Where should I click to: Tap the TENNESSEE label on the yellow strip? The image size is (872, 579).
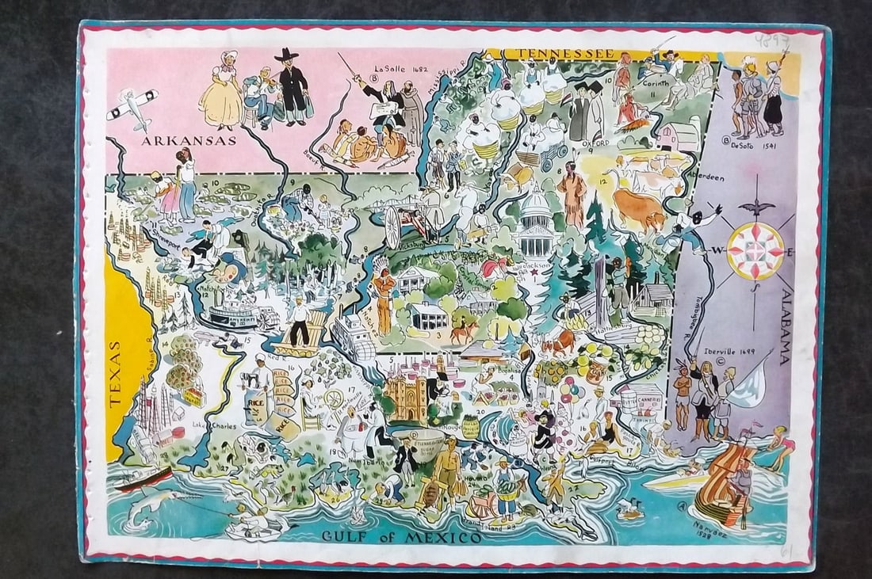pos(564,53)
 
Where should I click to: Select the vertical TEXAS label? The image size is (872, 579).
pos(117,374)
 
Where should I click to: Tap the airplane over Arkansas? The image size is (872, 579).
pos(132,107)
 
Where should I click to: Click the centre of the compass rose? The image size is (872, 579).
pos(755,251)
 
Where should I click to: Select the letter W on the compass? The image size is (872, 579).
pos(716,251)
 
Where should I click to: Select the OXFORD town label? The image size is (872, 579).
pos(596,143)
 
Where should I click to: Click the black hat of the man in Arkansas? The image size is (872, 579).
pos(285,56)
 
